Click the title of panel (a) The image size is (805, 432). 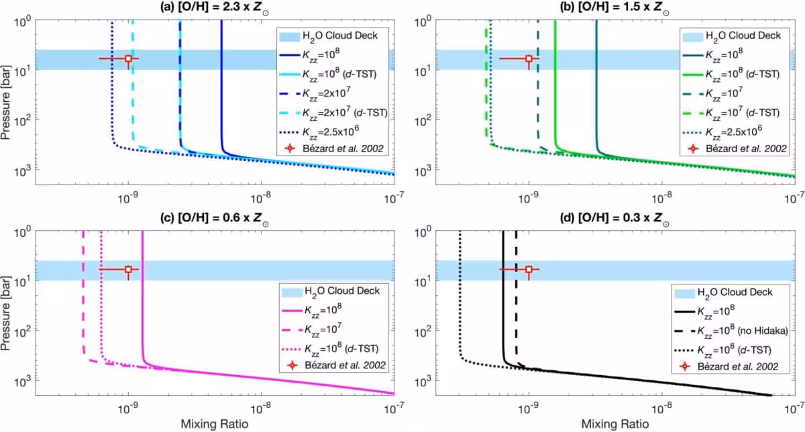point(215,8)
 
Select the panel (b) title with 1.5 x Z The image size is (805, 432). point(614,8)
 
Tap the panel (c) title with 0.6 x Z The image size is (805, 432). point(215,219)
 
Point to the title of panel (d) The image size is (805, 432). point(614,219)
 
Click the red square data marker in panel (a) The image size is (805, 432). point(128,58)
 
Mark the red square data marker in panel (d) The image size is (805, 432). point(529,269)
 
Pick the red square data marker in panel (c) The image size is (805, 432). point(128,269)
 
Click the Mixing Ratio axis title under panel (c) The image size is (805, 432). point(215,424)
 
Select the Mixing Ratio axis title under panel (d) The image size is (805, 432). point(615,424)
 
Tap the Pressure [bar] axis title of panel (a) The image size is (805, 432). point(5,103)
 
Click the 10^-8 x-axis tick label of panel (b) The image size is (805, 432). point(661,197)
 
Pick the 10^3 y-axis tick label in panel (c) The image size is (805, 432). point(21,381)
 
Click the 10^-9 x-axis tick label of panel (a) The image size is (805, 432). point(128,197)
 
